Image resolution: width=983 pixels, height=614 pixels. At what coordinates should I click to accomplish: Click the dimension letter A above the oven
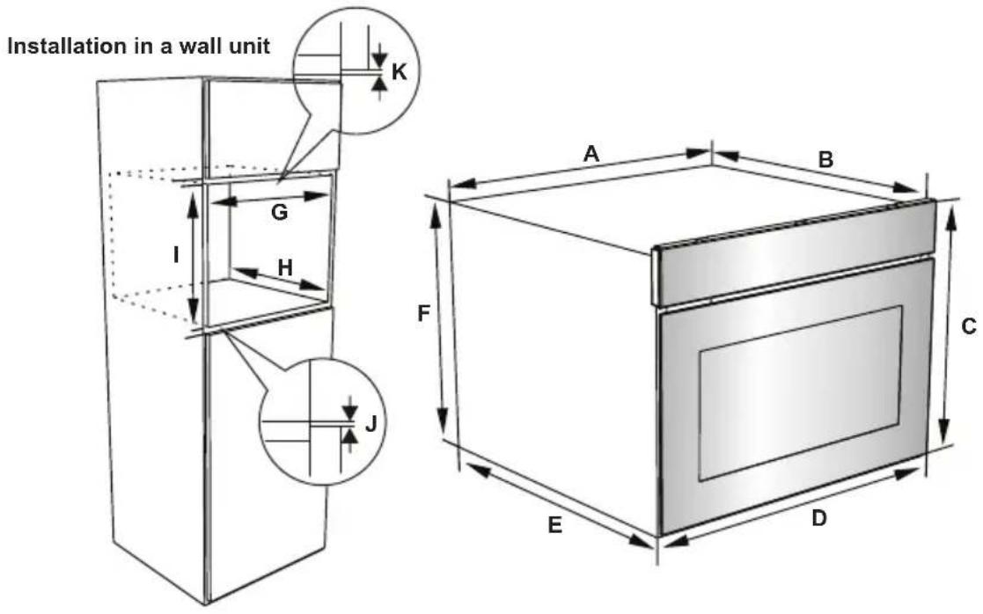591,153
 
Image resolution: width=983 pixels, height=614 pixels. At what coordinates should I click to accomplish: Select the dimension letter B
825,160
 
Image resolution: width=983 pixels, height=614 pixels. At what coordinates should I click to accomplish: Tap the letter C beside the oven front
969,326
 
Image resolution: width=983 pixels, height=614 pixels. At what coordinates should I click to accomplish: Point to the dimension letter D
818,519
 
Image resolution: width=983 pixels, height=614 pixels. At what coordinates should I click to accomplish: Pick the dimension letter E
554,525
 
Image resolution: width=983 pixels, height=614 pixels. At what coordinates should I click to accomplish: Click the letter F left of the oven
424,313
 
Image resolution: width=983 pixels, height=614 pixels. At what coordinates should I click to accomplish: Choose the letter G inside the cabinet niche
280,212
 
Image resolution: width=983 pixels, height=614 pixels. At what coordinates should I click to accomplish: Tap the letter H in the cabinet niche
285,268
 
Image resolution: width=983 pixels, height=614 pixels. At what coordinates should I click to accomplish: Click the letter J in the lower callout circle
370,423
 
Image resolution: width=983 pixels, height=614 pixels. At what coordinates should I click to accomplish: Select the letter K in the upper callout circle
399,72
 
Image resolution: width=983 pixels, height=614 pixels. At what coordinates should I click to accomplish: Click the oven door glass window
801,393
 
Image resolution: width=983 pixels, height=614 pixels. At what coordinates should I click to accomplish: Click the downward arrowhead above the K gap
379,60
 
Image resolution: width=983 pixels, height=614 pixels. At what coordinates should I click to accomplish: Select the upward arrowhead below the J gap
350,435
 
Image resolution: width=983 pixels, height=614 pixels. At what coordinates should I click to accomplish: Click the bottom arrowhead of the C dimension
943,432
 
